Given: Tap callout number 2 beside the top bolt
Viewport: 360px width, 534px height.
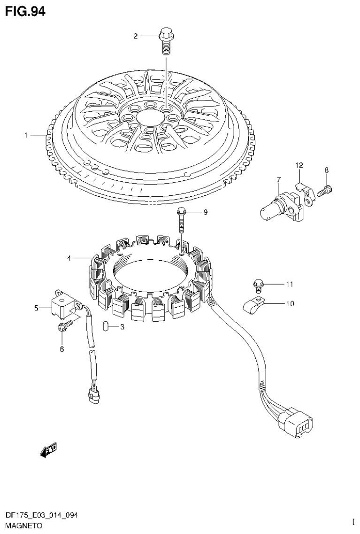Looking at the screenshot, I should [136, 36].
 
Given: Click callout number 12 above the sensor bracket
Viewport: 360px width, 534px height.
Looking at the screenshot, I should [299, 165].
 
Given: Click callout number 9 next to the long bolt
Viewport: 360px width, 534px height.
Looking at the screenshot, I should [205, 212].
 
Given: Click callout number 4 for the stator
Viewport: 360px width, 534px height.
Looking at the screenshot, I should [69, 258].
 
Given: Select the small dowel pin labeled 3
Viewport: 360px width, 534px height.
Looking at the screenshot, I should [106, 325].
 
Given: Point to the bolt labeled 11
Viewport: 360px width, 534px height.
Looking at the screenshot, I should [258, 284].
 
